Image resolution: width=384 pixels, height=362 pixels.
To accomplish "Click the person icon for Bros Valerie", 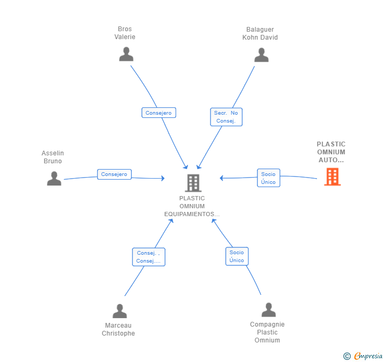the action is [126, 54].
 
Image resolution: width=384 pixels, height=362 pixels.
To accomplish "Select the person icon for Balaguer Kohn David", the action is [261, 55].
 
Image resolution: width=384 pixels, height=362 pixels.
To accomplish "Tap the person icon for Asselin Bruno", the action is [54, 179].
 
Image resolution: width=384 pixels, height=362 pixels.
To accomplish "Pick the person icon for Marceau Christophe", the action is [120, 311].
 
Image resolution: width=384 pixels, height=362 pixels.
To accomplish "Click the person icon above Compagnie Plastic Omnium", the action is [268, 310].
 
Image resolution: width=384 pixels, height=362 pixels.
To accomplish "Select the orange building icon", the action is [332, 177].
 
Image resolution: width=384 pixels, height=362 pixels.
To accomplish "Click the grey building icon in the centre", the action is [193, 183].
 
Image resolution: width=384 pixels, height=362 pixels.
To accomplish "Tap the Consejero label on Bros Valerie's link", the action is [159, 113].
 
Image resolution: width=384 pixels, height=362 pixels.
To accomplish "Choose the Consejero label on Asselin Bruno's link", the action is [114, 174].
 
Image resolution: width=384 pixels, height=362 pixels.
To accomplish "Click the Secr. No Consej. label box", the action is [226, 117].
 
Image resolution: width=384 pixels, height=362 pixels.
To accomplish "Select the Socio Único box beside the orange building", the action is [268, 178].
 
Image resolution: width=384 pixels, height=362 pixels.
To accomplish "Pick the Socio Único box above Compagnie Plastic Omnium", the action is [237, 256].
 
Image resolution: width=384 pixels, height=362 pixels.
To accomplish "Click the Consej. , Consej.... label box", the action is [149, 257].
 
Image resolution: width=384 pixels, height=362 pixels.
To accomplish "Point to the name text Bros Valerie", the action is [125, 33].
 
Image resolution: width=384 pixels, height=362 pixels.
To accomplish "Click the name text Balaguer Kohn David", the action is [260, 33].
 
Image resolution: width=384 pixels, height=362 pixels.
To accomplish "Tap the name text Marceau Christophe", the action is [118, 329].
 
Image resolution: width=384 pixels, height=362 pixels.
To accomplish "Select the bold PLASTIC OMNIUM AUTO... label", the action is [331, 152].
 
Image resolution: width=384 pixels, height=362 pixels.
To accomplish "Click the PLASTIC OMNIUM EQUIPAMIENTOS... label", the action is [192, 206].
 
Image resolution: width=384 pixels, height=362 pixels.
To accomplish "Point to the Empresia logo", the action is [363, 356].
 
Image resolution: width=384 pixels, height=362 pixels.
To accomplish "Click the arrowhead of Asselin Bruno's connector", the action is [163, 178].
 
